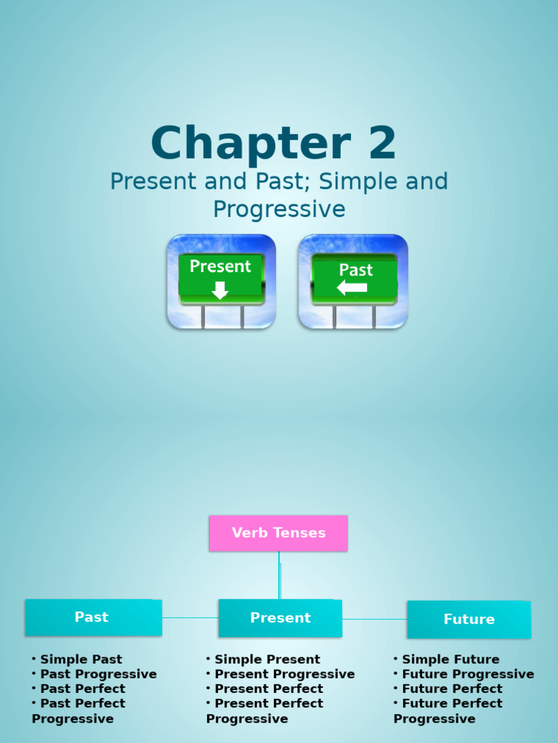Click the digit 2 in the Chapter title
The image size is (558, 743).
382,144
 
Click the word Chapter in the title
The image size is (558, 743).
251,144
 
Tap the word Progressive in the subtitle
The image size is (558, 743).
279,210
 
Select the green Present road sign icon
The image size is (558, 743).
221,281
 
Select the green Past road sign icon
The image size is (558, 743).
353,281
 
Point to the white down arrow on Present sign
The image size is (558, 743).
219,290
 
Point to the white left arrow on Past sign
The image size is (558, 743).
352,288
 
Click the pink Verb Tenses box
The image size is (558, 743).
278,533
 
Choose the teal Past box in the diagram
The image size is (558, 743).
93,617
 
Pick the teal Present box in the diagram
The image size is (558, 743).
280,618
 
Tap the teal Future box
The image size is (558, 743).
469,620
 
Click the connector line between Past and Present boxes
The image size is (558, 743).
190,617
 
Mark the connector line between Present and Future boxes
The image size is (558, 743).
374,619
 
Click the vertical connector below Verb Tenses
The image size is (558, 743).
279,575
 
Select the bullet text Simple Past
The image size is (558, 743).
81,660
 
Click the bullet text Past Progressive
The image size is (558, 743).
98,674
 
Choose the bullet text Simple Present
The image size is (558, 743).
267,660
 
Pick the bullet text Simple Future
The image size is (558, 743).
450,660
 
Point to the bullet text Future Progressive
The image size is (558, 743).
467,674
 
